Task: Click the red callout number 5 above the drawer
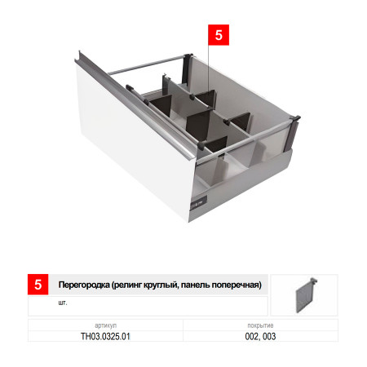click(x=219, y=35)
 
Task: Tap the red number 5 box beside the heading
click(x=38, y=285)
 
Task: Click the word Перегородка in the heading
click(x=84, y=285)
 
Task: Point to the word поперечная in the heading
click(x=236, y=285)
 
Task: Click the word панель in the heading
click(x=196, y=285)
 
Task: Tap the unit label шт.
click(x=63, y=303)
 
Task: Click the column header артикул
click(x=105, y=325)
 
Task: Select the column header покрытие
click(x=260, y=325)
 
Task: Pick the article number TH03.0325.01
click(x=105, y=336)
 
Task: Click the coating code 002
click(x=251, y=336)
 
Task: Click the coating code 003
click(x=269, y=336)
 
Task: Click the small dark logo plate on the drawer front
click(x=199, y=203)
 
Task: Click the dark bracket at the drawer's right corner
click(x=291, y=133)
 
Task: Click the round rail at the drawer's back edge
click(x=147, y=65)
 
